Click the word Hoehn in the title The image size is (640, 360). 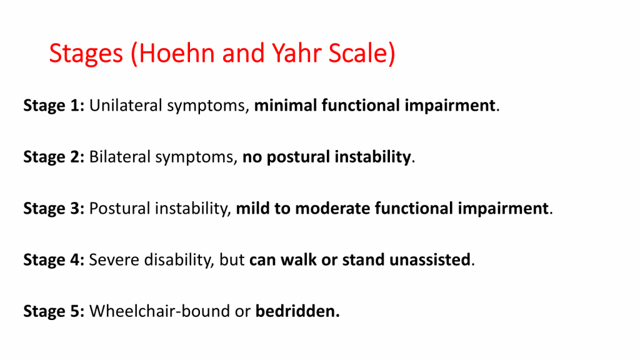[177, 53]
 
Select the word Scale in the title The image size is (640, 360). [357, 53]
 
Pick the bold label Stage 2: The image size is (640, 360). [54, 157]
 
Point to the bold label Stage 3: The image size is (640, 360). [54, 209]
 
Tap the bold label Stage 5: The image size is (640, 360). [54, 312]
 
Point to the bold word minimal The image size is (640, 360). [285, 105]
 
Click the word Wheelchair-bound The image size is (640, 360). [159, 311]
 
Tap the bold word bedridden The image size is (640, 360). [297, 311]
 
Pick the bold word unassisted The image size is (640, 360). [430, 259]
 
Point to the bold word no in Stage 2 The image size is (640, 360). [252, 157]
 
